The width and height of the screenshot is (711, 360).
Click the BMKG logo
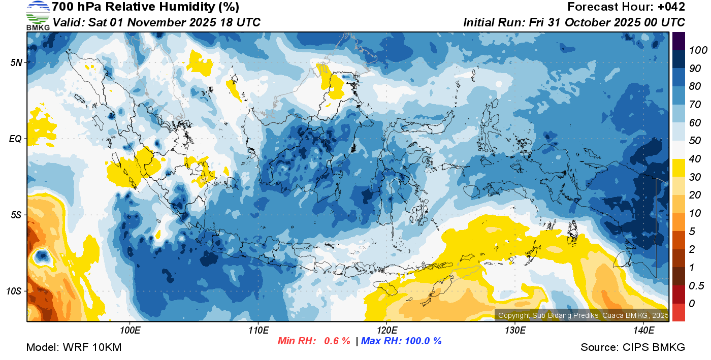pos(38,15)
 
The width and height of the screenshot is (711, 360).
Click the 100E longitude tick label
pos(130,331)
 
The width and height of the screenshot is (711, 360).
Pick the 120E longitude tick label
pos(386,331)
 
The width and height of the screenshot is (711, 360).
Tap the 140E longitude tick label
pos(643,331)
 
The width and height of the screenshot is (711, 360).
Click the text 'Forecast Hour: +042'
pos(626,7)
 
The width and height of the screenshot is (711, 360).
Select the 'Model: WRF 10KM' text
pos(74,348)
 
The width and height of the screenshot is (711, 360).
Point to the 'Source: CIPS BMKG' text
pos(633,348)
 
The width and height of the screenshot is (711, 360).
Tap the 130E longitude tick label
pos(515,331)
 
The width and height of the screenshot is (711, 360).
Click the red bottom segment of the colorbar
pos(678,312)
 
